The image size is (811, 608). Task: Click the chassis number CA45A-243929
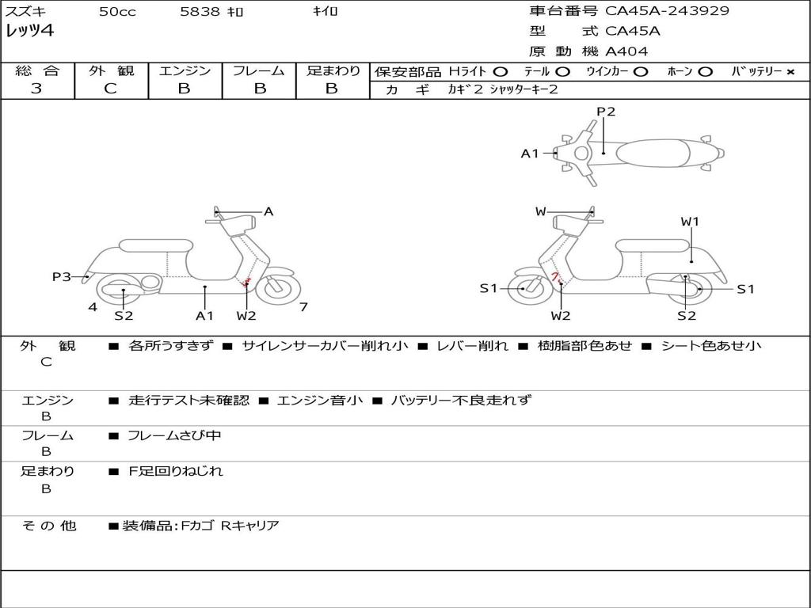tap(667, 11)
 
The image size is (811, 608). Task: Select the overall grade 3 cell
tap(36, 89)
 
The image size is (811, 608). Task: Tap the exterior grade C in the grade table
tap(110, 89)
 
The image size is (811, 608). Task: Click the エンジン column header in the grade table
tap(185, 70)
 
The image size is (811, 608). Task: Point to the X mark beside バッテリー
tap(790, 71)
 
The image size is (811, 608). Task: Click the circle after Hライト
tap(501, 71)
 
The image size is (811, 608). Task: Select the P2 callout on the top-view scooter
tap(606, 112)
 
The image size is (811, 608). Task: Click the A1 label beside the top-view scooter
tap(529, 154)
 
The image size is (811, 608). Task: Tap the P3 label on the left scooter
tap(62, 276)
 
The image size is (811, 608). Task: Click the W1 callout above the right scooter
tap(690, 222)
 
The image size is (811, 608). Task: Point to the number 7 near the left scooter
tap(303, 306)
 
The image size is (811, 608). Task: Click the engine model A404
tap(626, 51)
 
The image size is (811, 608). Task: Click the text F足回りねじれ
tap(176, 471)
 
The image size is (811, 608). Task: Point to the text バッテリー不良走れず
tap(461, 400)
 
